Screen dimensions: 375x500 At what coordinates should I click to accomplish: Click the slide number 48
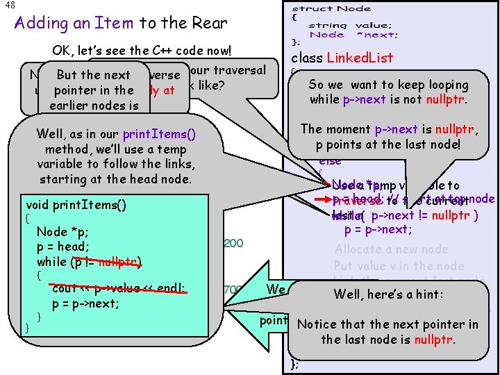pos(9,6)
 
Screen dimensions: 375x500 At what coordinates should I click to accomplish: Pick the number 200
pos(233,243)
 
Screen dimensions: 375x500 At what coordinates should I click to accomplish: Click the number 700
pos(233,289)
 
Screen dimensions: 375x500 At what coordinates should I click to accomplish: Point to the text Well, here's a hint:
pos(388,294)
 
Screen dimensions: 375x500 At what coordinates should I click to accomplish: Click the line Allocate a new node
pos(391,249)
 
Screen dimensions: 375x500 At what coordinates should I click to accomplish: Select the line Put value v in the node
pos(399,265)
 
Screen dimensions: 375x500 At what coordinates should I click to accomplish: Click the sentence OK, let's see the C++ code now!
pos(151,51)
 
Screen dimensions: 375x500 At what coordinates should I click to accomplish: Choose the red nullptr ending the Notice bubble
pos(434,340)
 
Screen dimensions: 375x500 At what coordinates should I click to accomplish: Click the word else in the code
pos(330,161)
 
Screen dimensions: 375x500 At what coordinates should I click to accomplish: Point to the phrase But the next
pos(94,75)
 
